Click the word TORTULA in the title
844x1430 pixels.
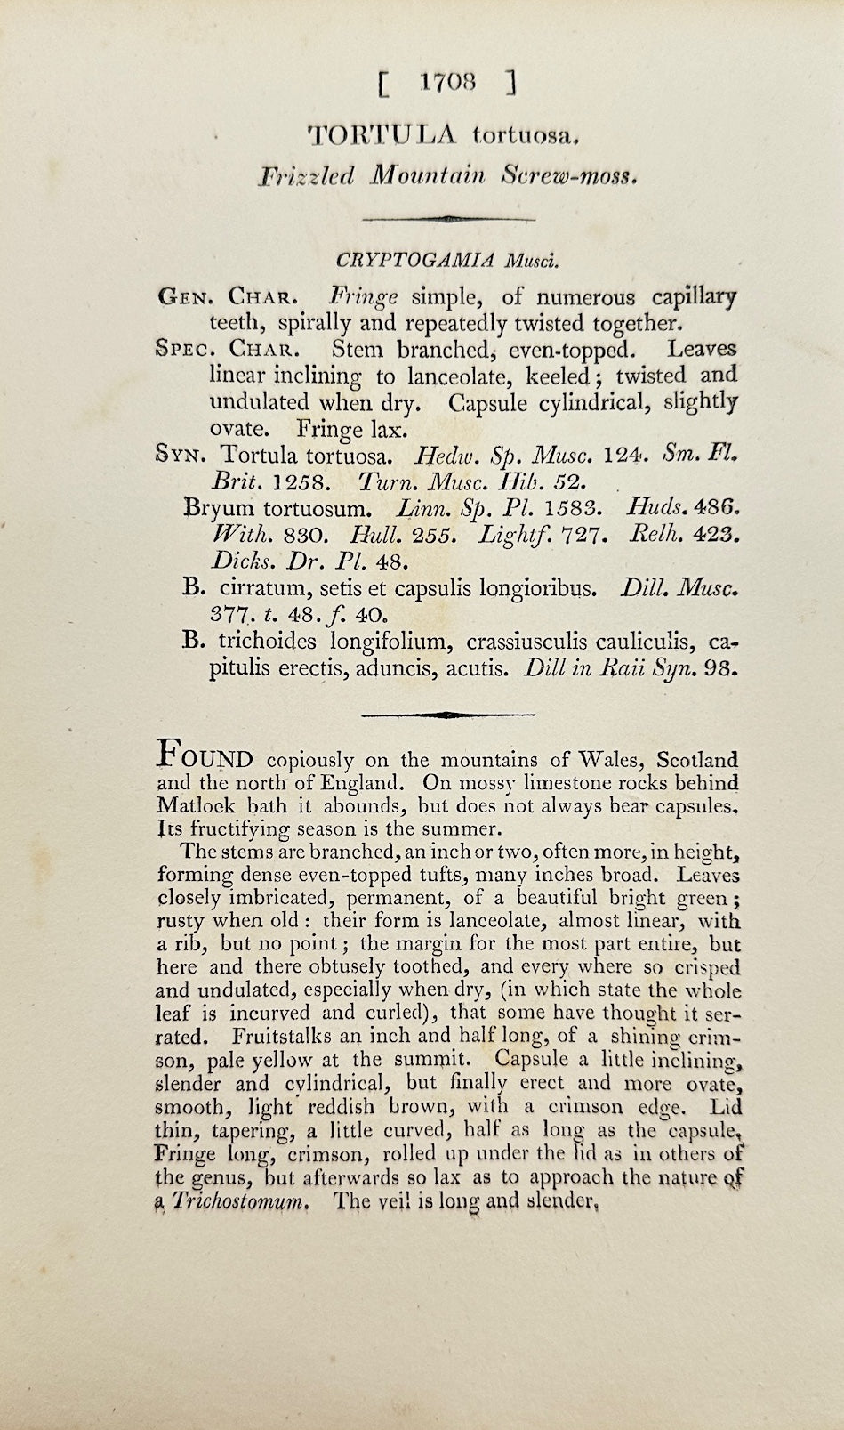pyautogui.click(x=381, y=134)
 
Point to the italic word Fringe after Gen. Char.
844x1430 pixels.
pyautogui.click(x=364, y=296)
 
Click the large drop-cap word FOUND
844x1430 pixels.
pyautogui.click(x=205, y=756)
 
